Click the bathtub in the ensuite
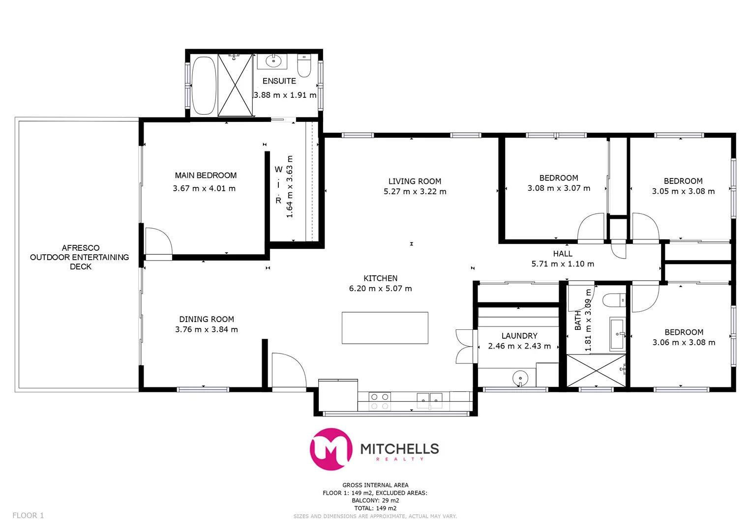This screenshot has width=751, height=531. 203,86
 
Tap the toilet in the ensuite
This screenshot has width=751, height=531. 304,66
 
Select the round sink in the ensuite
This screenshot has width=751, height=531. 272,61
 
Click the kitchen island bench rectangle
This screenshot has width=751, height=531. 385,327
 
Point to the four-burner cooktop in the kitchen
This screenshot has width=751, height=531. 379,401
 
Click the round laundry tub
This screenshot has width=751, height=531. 520,378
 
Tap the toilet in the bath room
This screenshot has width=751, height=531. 614,299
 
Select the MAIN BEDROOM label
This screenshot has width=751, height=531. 206,176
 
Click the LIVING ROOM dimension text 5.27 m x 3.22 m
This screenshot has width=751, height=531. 415,192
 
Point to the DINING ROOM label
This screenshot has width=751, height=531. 206,319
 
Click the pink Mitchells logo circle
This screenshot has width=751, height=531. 330,449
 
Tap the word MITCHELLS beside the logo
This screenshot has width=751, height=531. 399,448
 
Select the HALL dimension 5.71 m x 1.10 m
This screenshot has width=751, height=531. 563,264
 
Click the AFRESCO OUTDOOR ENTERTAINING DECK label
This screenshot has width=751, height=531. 80,257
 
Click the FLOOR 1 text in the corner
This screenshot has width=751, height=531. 28,515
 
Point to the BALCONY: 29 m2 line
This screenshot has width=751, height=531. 375,501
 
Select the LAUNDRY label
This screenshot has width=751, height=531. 519,336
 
